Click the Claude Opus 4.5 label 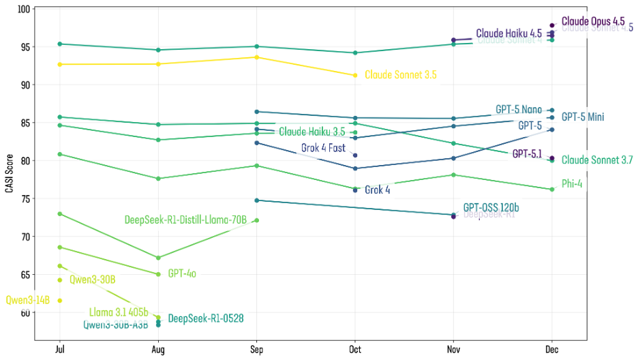592,22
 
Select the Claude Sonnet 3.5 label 400,75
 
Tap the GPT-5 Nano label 518,110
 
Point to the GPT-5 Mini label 582,117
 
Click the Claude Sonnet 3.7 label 597,160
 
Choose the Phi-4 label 572,184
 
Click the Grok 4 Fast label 323,148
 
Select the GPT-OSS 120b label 491,207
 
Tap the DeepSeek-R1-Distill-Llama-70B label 185,220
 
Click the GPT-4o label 182,274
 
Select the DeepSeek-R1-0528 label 206,318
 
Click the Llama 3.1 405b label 119,312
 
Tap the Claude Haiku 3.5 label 312,132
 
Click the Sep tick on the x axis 256,350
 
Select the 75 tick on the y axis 26,198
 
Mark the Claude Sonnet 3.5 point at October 354,75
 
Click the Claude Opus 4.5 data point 551,25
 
